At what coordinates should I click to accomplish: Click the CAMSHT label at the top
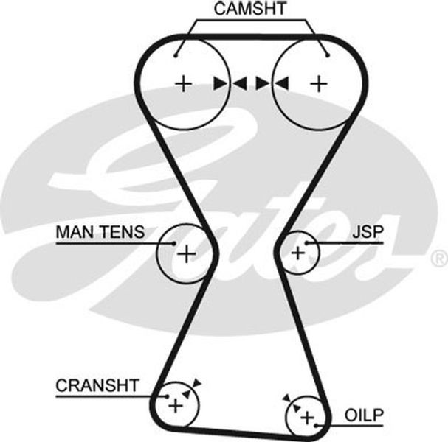[250, 9]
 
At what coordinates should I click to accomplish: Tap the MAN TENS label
[100, 232]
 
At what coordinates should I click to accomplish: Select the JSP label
[368, 232]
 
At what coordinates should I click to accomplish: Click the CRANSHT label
[97, 385]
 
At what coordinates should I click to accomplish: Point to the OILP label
[364, 415]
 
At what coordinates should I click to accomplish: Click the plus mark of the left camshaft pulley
[183, 84]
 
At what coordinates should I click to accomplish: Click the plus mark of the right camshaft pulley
[319, 84]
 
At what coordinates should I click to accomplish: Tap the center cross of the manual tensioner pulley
[187, 254]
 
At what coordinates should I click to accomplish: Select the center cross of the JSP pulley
[298, 253]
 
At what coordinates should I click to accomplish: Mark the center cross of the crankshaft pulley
[176, 405]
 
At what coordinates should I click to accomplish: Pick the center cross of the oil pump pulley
[308, 418]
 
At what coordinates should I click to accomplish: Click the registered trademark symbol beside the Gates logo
[441, 259]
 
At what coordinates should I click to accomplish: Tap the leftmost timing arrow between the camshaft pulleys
[221, 83]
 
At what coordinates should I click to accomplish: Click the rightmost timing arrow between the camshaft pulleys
[281, 83]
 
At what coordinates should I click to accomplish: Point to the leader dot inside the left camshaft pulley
[176, 55]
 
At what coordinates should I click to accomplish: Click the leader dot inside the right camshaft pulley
[328, 55]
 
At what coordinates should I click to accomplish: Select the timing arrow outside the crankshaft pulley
[197, 383]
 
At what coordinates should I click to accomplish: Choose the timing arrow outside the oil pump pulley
[286, 399]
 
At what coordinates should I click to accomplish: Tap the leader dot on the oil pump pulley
[316, 426]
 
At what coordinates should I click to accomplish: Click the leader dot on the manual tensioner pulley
[173, 243]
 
